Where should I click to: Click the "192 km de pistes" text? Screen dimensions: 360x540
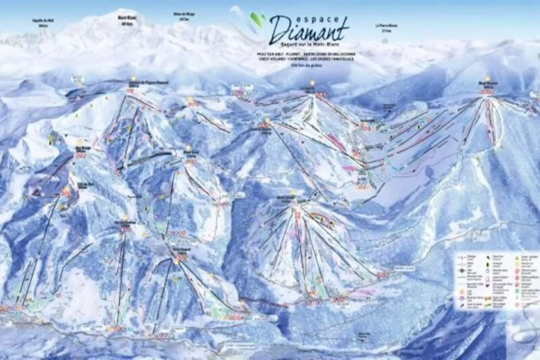point(306,66)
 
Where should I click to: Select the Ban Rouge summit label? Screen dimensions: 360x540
point(80,148)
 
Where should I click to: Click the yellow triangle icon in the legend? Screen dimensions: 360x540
point(515,257)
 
